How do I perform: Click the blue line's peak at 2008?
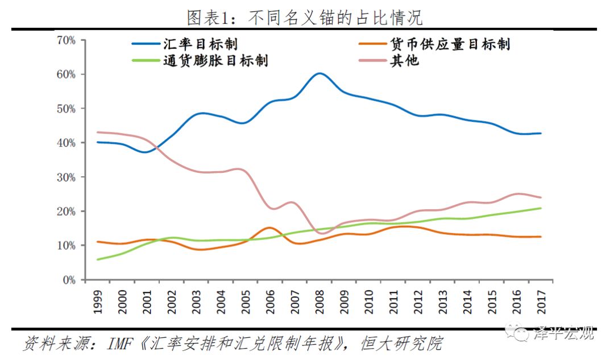(320, 73)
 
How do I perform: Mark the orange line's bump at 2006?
(270, 227)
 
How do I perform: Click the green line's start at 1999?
(97, 259)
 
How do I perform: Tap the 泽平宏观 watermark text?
(563, 333)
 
